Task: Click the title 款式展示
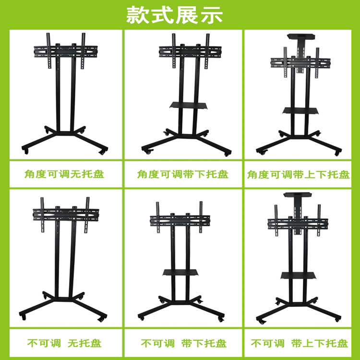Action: [174, 15]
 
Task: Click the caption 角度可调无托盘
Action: [64, 174]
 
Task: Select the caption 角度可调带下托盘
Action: [183, 174]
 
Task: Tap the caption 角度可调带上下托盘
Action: [298, 175]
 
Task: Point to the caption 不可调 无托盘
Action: [64, 344]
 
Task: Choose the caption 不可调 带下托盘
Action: [184, 344]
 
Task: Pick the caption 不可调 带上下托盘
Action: [299, 344]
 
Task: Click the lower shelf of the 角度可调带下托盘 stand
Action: [189, 106]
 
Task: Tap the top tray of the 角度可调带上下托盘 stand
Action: [301, 36]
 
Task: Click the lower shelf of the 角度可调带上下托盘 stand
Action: [300, 111]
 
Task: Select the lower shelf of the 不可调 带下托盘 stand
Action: [180, 272]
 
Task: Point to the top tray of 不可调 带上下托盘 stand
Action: [298, 195]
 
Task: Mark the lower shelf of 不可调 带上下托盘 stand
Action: [298, 276]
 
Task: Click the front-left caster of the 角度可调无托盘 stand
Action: [26, 151]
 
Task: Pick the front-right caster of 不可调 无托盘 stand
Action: [101, 319]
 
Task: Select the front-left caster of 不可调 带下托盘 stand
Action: [141, 318]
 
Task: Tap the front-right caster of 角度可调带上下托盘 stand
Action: [337, 154]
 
